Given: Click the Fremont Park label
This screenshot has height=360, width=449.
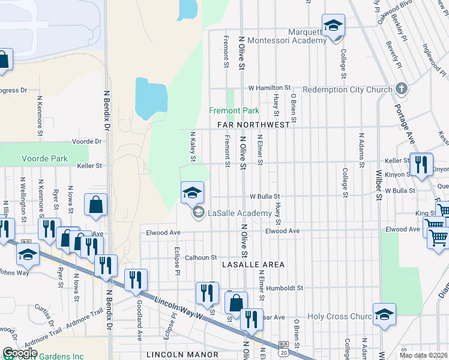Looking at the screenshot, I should click(234, 110).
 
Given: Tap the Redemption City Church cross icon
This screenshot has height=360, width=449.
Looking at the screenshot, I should click(402, 89).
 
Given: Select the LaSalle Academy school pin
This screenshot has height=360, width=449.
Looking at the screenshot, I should click(192, 192).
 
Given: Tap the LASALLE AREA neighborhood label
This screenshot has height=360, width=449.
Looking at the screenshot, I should click(253, 264).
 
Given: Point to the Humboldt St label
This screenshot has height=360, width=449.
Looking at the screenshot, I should click(285, 288).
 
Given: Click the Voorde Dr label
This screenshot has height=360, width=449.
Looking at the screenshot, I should click(87, 142).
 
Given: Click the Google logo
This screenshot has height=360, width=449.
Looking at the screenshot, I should click(20, 353).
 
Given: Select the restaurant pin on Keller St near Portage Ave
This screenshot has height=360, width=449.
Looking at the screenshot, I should click(421, 164).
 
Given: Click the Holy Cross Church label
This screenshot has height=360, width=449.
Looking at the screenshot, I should click(340, 316).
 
